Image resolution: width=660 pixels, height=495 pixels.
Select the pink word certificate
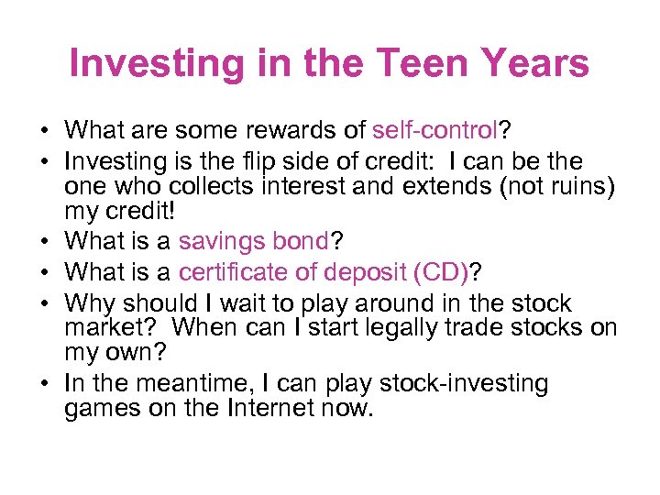tap(240, 273)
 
